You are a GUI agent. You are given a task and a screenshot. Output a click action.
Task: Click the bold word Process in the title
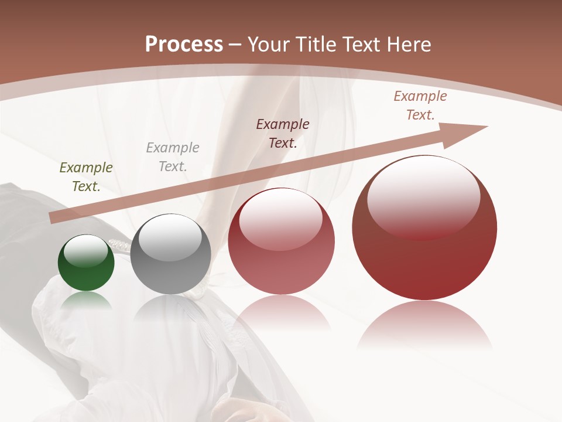click(184, 45)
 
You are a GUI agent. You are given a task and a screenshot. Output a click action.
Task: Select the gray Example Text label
click(173, 157)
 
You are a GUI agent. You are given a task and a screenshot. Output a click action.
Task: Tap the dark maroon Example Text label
click(283, 134)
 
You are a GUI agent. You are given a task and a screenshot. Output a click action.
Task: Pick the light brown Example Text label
click(420, 105)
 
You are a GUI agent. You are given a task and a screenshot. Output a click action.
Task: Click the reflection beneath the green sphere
click(86, 300)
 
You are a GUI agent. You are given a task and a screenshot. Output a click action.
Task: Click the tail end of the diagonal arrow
click(54, 218)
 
